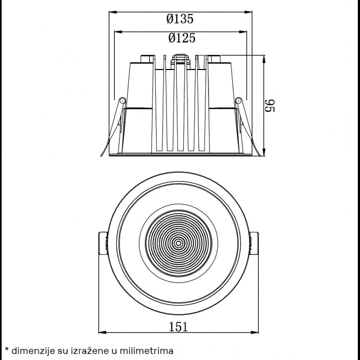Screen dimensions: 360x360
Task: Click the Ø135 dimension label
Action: click(x=180, y=19)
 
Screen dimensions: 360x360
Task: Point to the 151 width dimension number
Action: click(x=178, y=326)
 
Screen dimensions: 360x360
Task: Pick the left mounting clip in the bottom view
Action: click(x=103, y=244)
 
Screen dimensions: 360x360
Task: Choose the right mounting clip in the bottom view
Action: click(x=254, y=244)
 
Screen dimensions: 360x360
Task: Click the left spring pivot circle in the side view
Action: click(x=122, y=100)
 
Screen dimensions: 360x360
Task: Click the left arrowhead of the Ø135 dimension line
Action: click(x=112, y=11)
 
